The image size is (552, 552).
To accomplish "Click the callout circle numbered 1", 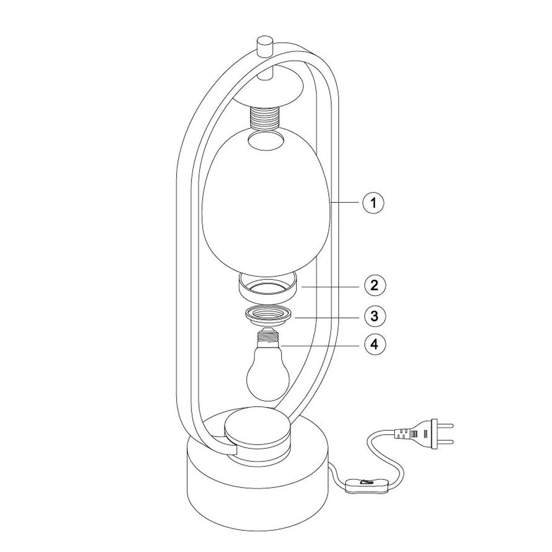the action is (x=373, y=203).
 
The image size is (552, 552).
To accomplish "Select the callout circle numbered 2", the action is (x=375, y=285).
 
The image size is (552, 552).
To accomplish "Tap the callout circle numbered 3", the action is (x=375, y=316).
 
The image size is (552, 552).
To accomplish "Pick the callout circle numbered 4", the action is (x=375, y=345).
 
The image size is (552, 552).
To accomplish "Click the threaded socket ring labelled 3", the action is (x=268, y=316).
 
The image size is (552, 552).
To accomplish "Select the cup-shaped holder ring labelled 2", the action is (x=268, y=287).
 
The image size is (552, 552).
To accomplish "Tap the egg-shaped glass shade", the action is (x=266, y=201).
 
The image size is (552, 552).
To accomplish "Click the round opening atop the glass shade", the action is (x=266, y=141).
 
